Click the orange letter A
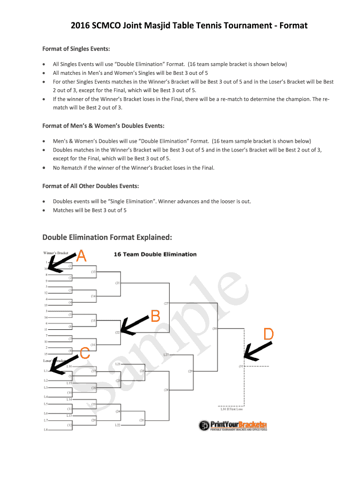click(x=81, y=255)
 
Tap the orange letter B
click(x=155, y=316)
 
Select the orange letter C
click(x=85, y=353)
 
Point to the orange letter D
click(x=268, y=334)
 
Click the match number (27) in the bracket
click(x=166, y=303)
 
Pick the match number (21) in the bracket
click(x=117, y=283)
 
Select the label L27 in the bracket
click(x=166, y=355)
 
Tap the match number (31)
click(x=241, y=366)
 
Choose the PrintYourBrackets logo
click(x=232, y=426)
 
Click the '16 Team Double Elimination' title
click(x=155, y=254)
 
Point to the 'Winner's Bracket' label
click(x=56, y=253)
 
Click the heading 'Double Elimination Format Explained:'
click(x=107, y=237)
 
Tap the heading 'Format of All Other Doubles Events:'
click(x=91, y=186)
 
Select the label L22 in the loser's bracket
click(x=118, y=425)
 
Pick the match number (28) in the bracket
click(x=166, y=390)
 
